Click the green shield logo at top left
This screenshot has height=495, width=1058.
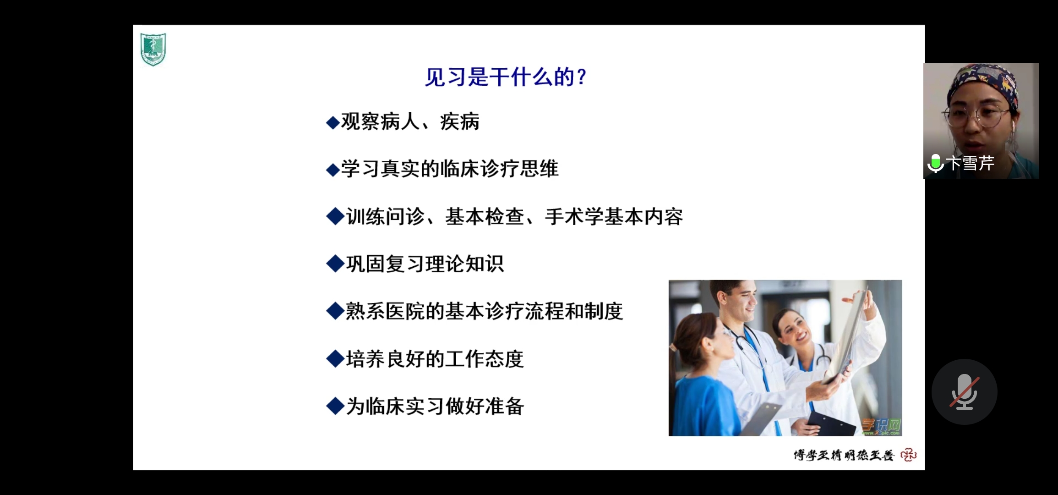pos(153,49)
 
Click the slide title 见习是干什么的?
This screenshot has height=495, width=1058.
pos(506,77)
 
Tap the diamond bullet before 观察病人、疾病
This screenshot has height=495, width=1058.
pos(333,122)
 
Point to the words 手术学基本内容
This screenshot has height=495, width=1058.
pos(614,217)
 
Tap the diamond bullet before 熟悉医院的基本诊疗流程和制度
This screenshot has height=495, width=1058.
pos(335,311)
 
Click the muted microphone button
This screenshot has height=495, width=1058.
pos(964,392)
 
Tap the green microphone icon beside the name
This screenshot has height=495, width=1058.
pos(935,164)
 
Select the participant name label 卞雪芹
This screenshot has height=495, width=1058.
pos(970,163)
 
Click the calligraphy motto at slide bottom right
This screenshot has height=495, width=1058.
pos(844,455)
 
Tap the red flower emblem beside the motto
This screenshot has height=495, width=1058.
pos(909,455)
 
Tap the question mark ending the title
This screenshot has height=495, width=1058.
pos(582,77)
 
